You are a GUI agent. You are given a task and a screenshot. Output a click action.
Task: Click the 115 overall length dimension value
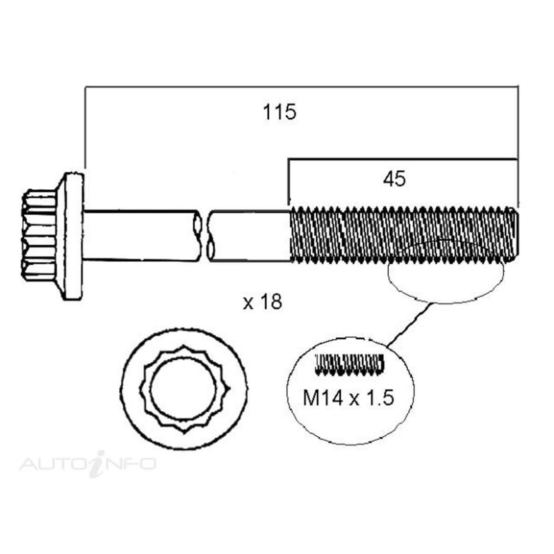(279, 113)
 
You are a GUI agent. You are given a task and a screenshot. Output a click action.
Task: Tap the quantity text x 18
(262, 303)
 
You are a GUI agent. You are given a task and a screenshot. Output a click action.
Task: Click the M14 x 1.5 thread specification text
(349, 397)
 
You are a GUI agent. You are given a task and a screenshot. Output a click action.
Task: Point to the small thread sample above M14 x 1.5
(349, 364)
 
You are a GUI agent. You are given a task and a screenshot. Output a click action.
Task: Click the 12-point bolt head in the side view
(39, 235)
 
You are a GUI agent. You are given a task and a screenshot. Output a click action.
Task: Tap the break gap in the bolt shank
(204, 235)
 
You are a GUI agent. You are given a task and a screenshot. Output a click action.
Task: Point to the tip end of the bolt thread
(515, 235)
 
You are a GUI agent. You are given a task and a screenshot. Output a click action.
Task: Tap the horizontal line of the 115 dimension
(300, 86)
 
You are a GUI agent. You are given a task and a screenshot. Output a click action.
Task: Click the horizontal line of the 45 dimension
(402, 160)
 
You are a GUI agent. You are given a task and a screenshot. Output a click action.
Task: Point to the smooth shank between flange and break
(138, 235)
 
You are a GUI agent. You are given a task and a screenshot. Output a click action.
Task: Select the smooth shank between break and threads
(249, 235)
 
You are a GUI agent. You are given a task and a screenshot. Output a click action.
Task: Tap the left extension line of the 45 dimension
(289, 182)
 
